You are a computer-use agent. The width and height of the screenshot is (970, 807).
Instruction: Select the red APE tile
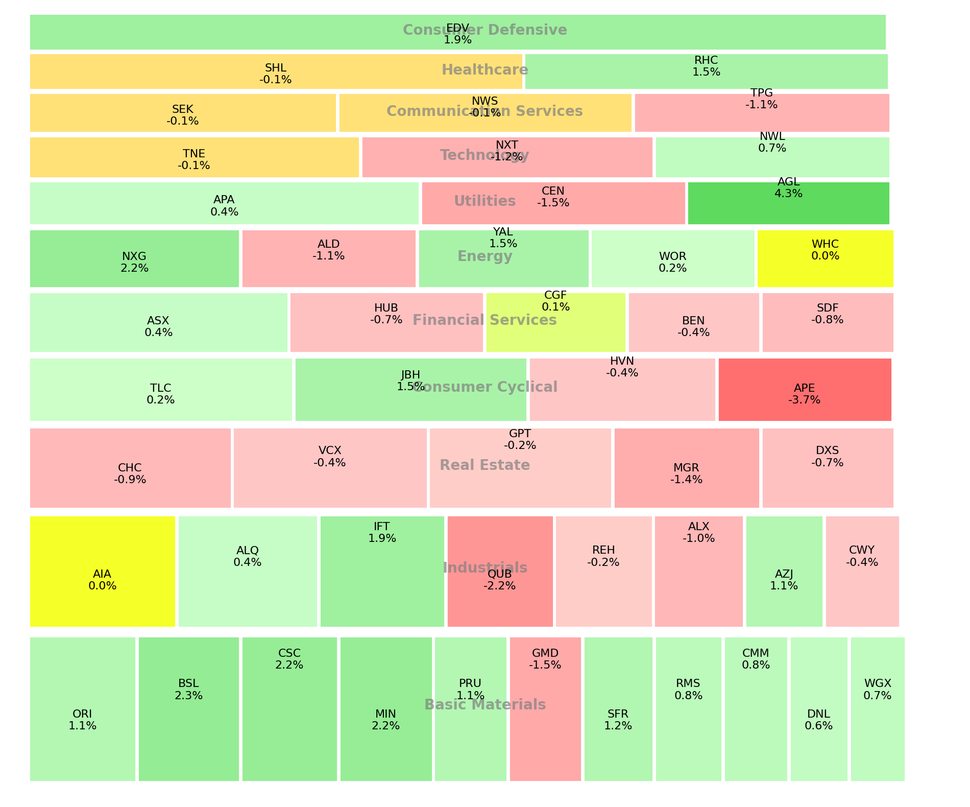click(805, 390)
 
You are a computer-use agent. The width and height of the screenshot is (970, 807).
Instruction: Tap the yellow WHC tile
click(825, 259)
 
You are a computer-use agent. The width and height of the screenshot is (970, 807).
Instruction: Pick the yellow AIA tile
click(103, 572)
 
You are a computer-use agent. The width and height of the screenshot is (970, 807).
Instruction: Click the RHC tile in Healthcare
click(706, 72)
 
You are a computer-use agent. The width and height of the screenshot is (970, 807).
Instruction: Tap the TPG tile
click(762, 113)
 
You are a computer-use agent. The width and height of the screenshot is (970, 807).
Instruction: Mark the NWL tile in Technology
click(772, 157)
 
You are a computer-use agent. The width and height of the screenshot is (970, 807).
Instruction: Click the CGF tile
click(555, 323)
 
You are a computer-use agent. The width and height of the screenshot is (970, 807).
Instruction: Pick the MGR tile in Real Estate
click(686, 468)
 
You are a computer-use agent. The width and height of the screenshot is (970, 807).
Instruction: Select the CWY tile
click(862, 572)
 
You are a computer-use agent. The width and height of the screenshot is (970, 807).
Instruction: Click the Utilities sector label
click(484, 201)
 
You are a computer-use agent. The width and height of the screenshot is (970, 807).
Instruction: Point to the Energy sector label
click(484, 256)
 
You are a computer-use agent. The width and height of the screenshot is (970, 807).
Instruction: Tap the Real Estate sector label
click(484, 465)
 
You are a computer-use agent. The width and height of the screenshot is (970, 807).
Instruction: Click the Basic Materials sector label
click(484, 705)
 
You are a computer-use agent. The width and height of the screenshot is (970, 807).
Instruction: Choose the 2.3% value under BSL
click(188, 696)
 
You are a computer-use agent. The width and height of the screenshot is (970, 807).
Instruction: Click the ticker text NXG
click(134, 256)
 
